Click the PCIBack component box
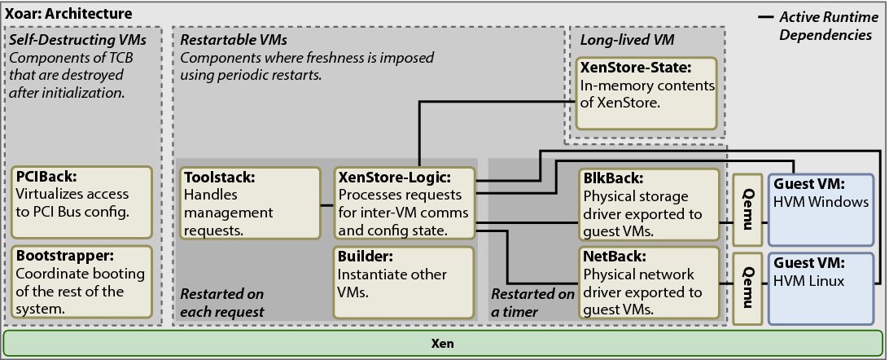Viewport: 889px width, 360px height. pyautogui.click(x=82, y=200)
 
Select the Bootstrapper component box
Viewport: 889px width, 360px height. pyautogui.click(x=82, y=281)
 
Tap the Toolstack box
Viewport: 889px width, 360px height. pyautogui.click(x=249, y=203)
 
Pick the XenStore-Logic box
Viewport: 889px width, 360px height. pyautogui.click(x=404, y=203)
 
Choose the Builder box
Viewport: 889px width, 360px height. pyautogui.click(x=404, y=281)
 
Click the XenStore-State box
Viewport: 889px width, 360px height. pyautogui.click(x=646, y=92)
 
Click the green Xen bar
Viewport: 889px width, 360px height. pyautogui.click(x=444, y=343)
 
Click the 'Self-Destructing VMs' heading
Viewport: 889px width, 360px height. pyautogui.click(x=66, y=39)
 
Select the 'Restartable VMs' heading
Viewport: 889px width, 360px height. pyautogui.click(x=233, y=39)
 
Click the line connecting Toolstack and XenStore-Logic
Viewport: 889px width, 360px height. pyautogui.click(x=326, y=204)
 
